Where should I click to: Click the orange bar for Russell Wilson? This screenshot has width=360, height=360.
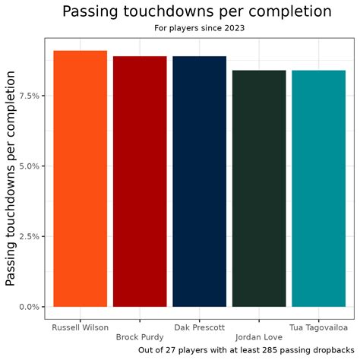click(80, 178)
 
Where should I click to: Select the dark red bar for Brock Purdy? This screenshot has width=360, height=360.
click(140, 182)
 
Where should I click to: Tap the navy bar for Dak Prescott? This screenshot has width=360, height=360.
click(199, 182)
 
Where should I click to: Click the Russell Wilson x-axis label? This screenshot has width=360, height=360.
click(80, 327)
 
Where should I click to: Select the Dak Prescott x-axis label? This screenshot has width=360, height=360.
click(199, 327)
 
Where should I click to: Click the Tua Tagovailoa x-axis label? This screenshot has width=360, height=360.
click(318, 327)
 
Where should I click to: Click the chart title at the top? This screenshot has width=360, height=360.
click(197, 12)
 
